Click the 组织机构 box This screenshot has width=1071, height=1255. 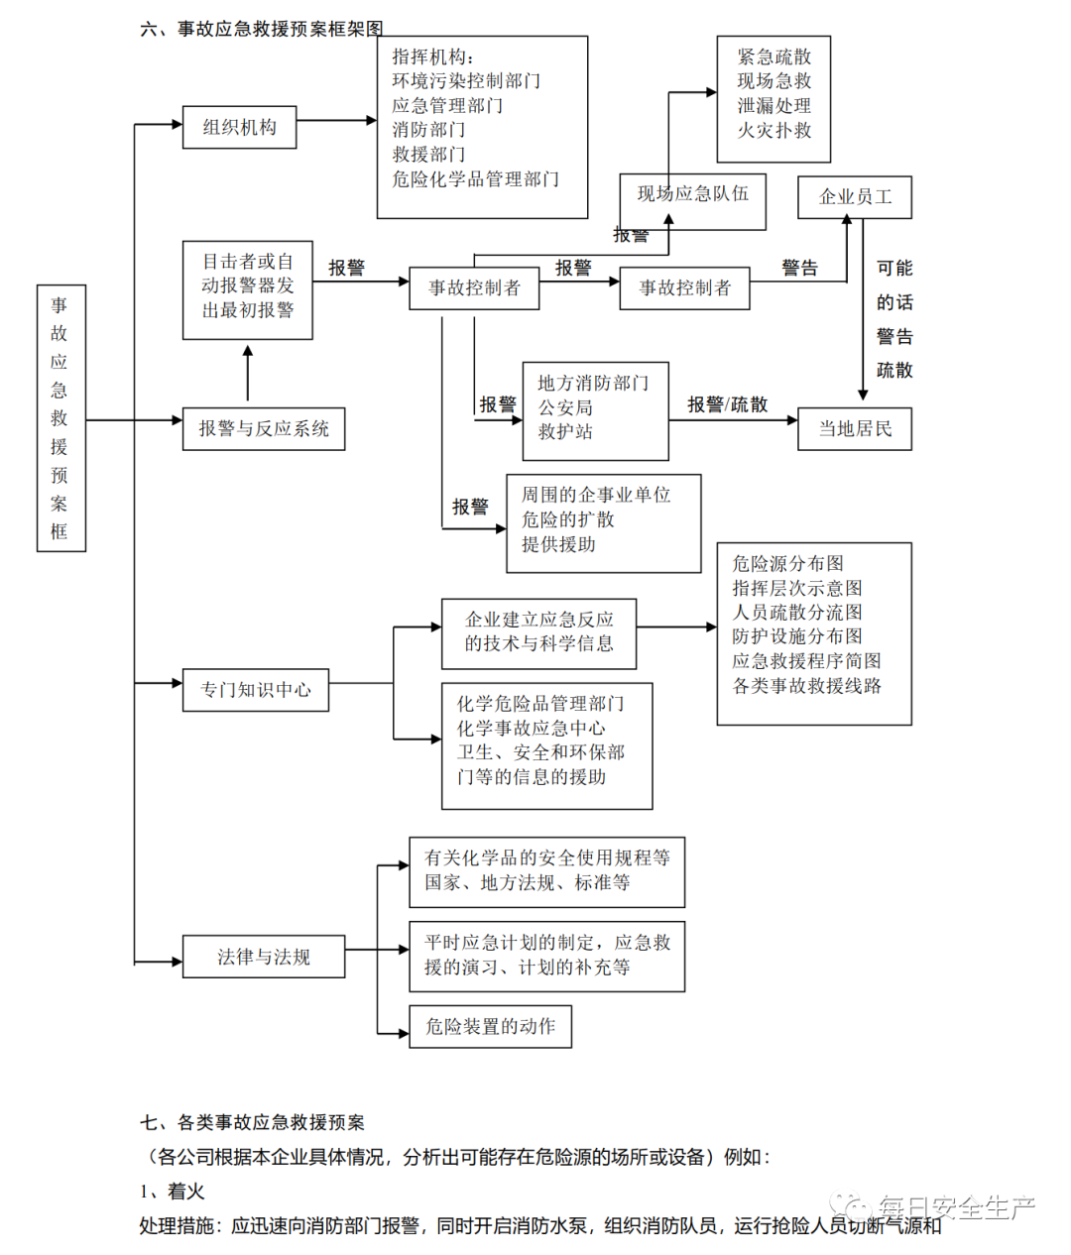pyautogui.click(x=239, y=127)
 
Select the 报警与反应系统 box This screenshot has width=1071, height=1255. pyautogui.click(x=264, y=429)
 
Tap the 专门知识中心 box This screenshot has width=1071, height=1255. pyautogui.click(x=256, y=690)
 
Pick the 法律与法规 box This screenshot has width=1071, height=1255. pyautogui.click(x=264, y=957)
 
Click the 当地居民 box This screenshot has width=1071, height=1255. pyautogui.click(x=855, y=429)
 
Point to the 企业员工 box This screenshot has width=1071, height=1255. pyautogui.click(x=855, y=197)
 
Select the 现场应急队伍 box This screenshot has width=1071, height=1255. pyautogui.click(x=692, y=194)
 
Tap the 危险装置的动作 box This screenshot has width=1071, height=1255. pyautogui.click(x=490, y=1027)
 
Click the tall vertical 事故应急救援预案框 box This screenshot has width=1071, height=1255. pyautogui.click(x=60, y=418)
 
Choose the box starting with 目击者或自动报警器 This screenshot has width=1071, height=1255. pyautogui.click(x=248, y=286)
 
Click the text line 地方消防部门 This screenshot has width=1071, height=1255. pyautogui.click(x=593, y=383)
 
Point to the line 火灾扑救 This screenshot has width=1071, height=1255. pyautogui.click(x=774, y=130)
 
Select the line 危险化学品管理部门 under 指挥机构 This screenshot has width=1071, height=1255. pyautogui.click(x=475, y=179)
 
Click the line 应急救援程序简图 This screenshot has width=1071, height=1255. pyautogui.click(x=806, y=661)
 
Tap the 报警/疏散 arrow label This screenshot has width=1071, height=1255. pyautogui.click(x=728, y=404)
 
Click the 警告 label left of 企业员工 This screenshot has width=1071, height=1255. pyautogui.click(x=799, y=268)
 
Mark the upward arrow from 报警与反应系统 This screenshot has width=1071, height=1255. pyautogui.click(x=248, y=375)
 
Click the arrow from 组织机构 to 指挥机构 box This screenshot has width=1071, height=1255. pyautogui.click(x=336, y=121)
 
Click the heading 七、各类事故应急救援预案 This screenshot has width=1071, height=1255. pyautogui.click(x=253, y=1122)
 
